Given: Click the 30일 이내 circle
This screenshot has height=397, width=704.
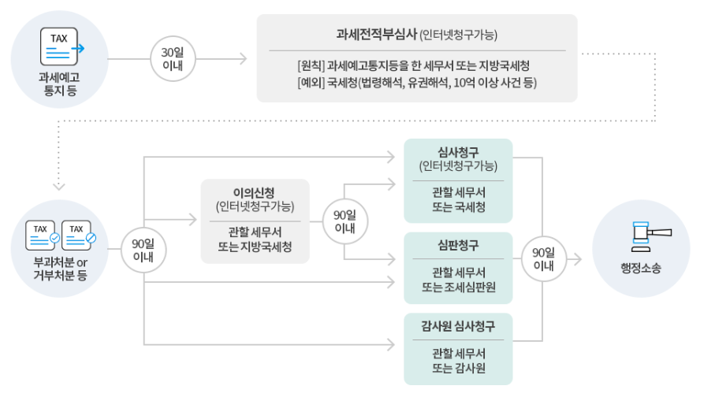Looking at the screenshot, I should coord(173,59).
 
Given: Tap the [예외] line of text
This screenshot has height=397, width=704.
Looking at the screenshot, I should coord(417,81).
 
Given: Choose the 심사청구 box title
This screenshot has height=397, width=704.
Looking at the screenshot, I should coord(458,152).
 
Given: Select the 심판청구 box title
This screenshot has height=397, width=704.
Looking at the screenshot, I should coord(458,245).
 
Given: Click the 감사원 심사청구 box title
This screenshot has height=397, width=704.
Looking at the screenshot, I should coord(458,325).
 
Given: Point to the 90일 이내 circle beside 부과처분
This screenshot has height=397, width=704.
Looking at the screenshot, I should coord(143,250).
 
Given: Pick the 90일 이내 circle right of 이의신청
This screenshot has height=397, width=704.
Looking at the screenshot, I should coord(345,221).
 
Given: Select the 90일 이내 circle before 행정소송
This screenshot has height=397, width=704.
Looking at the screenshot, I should coord(543,259).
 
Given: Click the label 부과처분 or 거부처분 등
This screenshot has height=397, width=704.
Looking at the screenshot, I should coord(61,269).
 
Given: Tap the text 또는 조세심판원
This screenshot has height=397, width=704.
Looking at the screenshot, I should coord(458,287).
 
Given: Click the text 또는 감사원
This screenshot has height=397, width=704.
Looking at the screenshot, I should coord(458,367).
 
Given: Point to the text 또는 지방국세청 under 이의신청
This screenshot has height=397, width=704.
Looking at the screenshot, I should coord(255,246).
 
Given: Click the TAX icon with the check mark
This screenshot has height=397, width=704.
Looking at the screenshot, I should coord(43,233).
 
